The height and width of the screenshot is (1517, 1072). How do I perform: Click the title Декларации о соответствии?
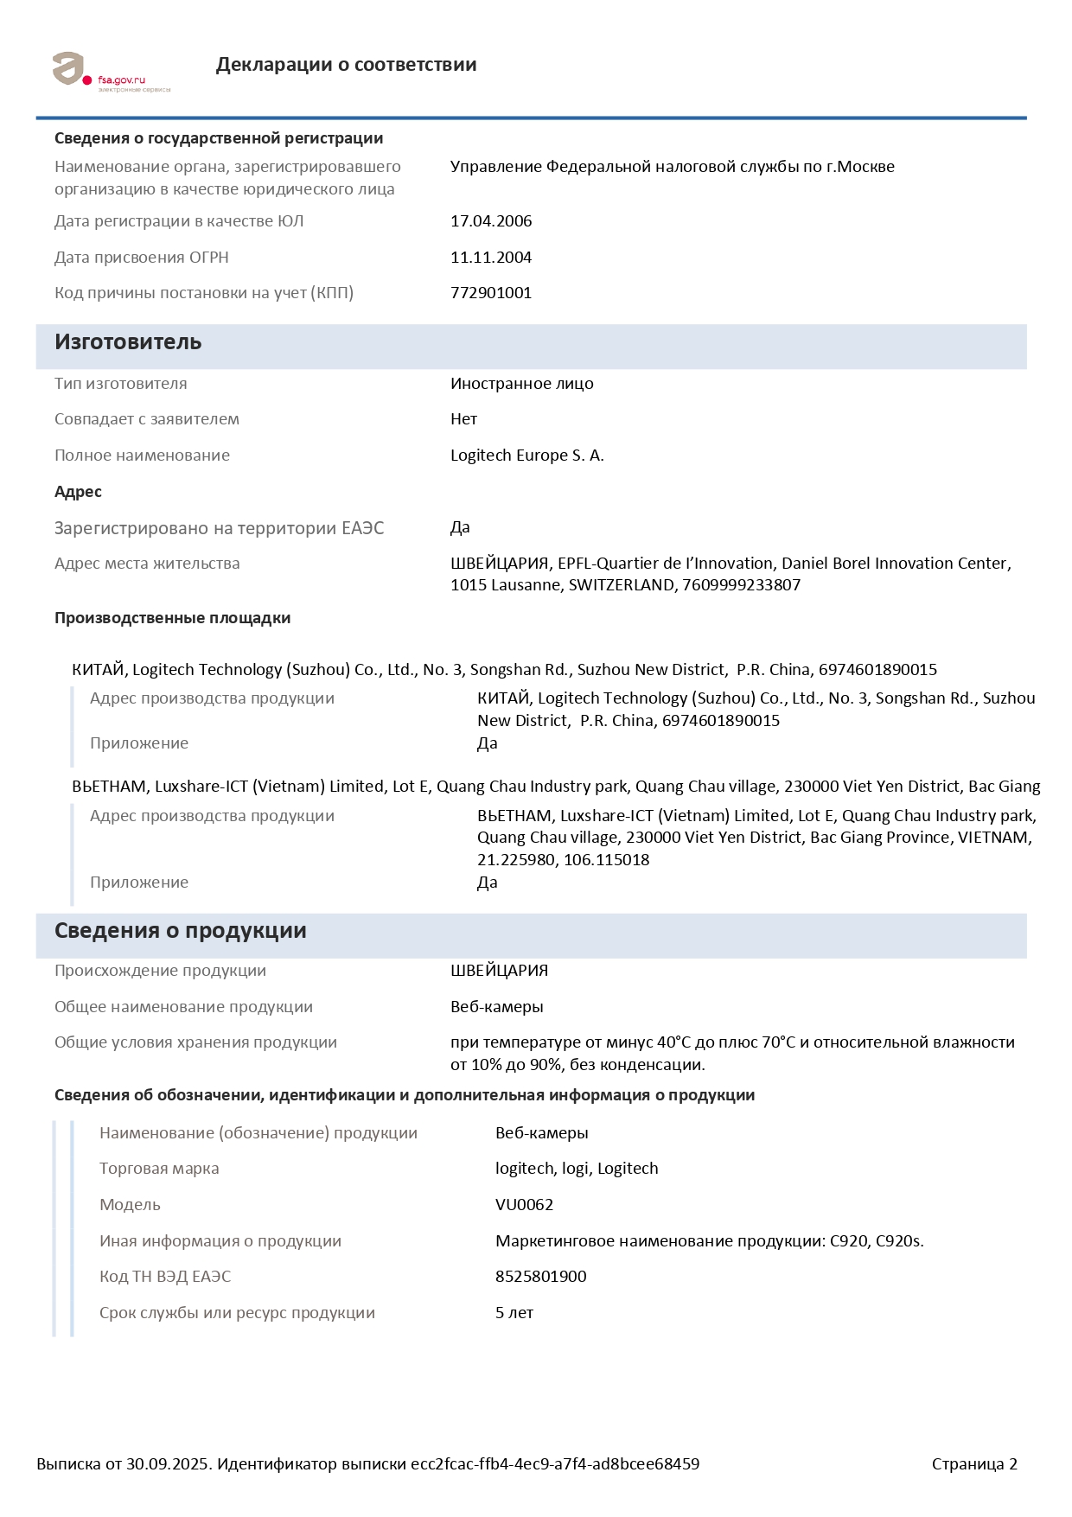[x=346, y=65]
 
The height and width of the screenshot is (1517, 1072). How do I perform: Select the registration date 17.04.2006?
[x=491, y=221]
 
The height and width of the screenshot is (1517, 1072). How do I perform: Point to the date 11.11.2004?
[x=491, y=258]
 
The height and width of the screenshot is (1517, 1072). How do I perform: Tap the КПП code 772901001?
[x=491, y=293]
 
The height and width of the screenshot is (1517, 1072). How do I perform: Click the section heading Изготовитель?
[x=128, y=342]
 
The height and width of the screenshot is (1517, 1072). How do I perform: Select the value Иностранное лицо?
[x=521, y=384]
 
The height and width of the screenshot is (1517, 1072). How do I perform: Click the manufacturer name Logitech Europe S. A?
[x=526, y=456]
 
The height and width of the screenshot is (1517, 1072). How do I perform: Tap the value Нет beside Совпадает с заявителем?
[x=463, y=419]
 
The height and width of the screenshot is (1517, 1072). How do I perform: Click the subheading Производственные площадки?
[x=172, y=618]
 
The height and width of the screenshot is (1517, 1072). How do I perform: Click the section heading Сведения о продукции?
[x=180, y=931]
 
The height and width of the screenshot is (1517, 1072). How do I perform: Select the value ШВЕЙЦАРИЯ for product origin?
[x=499, y=971]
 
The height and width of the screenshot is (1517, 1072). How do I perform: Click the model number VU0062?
[x=524, y=1205]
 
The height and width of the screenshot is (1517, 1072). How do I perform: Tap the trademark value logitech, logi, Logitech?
[x=577, y=1169]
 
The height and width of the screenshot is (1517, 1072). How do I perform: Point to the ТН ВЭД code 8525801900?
[x=540, y=1277]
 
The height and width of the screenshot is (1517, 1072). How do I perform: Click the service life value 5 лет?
[x=514, y=1313]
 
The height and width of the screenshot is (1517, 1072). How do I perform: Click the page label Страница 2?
[x=974, y=1464]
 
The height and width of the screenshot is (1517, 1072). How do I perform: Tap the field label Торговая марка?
[x=159, y=1169]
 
